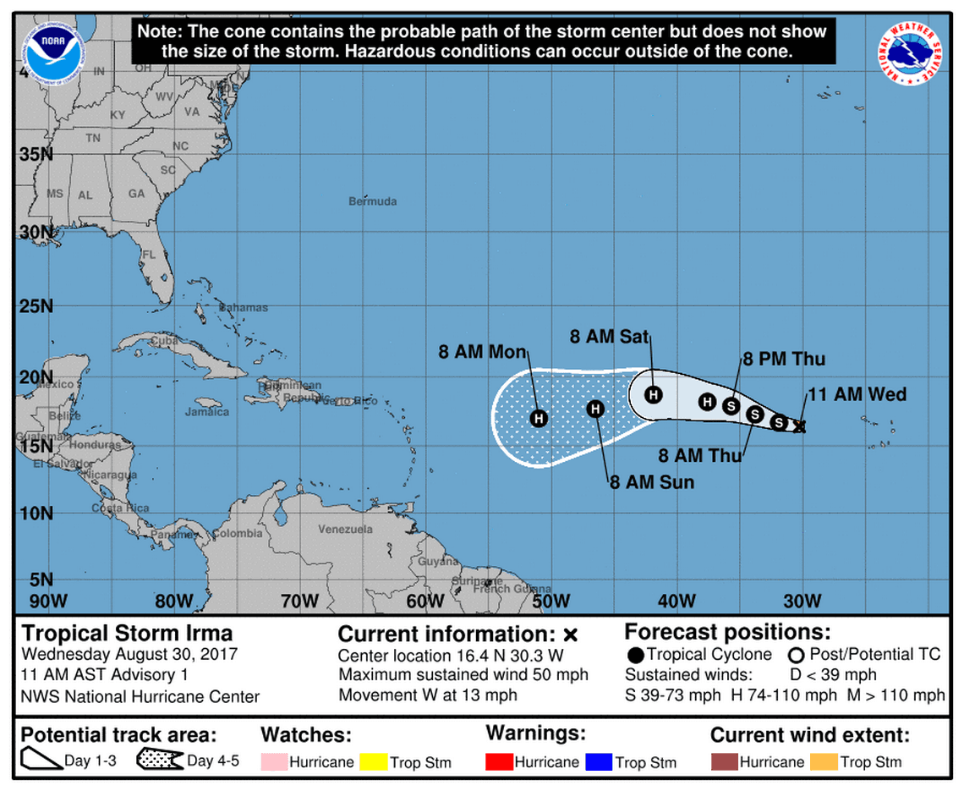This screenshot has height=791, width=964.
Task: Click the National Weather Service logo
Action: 910,52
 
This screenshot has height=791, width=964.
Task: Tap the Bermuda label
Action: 372,201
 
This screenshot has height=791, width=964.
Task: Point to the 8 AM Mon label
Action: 483,353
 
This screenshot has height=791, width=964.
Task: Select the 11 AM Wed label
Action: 857,394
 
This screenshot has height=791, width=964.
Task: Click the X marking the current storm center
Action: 799,427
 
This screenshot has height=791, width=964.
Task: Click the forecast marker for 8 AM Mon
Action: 539,418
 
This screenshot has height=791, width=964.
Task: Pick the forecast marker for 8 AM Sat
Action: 654,394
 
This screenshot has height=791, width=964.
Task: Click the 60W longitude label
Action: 425,601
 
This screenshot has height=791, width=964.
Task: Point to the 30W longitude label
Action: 802,601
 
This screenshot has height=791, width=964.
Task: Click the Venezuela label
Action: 345,530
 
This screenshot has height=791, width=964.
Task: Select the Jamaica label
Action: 207,412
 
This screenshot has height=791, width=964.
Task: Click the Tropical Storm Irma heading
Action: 127,634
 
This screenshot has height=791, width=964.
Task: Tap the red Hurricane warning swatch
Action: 501,761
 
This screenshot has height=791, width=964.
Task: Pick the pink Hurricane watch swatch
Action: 274,761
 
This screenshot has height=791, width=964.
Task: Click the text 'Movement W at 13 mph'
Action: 427,695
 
